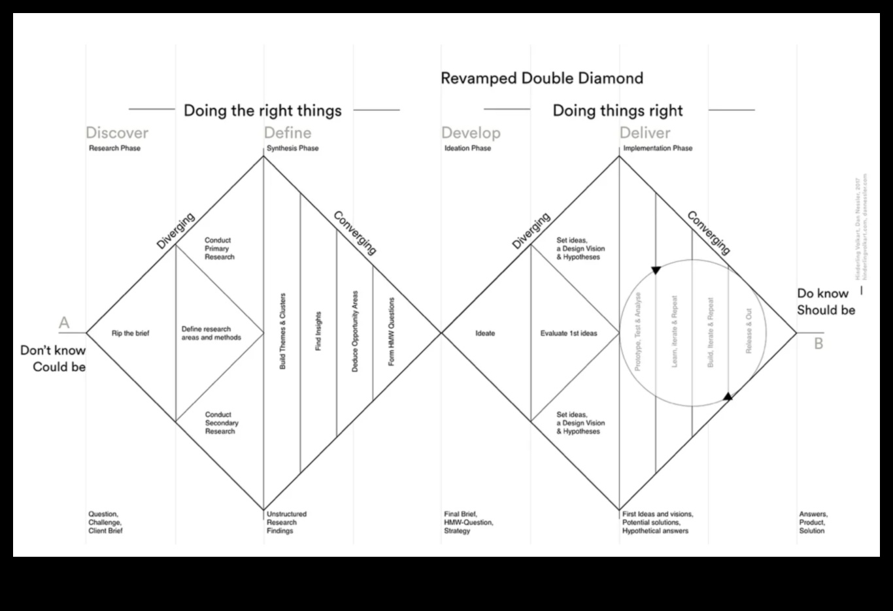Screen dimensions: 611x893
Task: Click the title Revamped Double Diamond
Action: (542, 78)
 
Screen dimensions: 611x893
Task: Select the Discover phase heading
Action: (117, 133)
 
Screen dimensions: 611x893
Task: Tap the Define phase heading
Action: (288, 133)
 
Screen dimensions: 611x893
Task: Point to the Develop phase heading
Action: (471, 133)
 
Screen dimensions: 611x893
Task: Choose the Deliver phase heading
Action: (645, 133)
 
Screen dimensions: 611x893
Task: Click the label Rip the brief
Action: (130, 333)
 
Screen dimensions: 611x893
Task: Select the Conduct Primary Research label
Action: (219, 249)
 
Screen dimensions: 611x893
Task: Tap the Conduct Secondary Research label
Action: (222, 423)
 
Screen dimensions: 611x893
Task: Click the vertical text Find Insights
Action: (318, 331)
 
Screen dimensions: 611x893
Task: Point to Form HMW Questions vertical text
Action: (392, 331)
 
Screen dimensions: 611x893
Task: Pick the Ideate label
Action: (485, 333)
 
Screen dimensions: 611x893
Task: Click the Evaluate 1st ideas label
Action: (569, 333)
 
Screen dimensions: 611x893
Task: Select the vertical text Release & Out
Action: (749, 331)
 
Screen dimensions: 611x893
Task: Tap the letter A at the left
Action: (64, 323)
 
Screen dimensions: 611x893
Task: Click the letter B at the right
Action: (818, 343)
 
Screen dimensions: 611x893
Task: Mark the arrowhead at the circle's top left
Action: (656, 270)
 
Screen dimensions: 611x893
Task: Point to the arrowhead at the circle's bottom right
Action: (728, 395)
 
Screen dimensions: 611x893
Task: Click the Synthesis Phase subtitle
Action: (292, 148)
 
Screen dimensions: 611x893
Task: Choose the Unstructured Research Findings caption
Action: (286, 522)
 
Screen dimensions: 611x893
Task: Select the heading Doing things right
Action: (618, 110)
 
